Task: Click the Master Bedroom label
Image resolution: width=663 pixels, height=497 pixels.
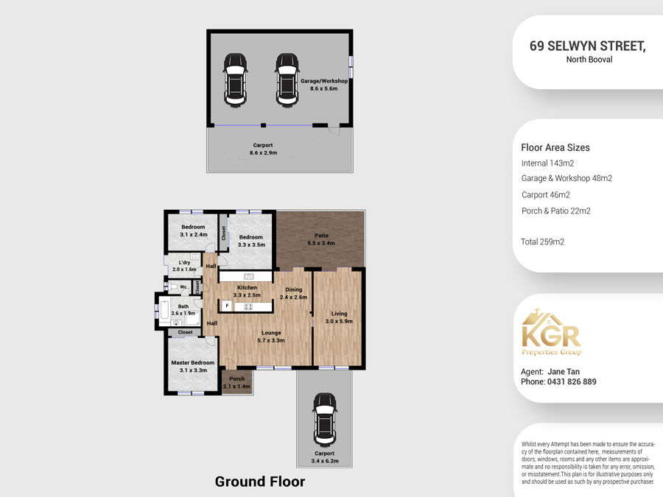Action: coord(193,362)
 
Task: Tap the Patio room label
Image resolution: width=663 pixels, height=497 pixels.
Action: coord(321,236)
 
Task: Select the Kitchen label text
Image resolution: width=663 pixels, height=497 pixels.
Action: coord(247,287)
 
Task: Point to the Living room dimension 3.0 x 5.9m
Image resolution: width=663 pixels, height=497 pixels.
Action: coord(339,321)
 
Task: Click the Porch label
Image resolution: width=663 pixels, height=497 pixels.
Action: coord(236,378)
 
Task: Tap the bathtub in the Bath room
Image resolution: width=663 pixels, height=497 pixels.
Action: coord(164,310)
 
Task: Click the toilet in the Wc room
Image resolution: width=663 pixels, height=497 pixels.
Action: coord(173,286)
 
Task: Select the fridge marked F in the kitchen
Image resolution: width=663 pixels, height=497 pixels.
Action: coord(227,306)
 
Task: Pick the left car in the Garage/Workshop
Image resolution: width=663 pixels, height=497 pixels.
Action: coord(235,80)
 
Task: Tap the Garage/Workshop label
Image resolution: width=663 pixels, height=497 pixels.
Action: coord(324,81)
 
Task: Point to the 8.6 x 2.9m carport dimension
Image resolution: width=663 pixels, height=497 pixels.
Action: coord(263,152)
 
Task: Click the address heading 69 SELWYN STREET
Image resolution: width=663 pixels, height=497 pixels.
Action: coord(588,46)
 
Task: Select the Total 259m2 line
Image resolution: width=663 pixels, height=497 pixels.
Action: coord(542,242)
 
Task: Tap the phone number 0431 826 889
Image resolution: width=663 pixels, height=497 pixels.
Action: coord(572,381)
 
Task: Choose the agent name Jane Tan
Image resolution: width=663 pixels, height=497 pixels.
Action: coord(564,372)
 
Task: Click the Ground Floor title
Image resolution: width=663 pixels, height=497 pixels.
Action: coord(260,482)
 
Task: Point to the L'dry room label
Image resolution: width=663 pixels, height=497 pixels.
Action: coord(184,262)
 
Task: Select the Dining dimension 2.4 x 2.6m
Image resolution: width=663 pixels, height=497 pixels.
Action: coord(293,297)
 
